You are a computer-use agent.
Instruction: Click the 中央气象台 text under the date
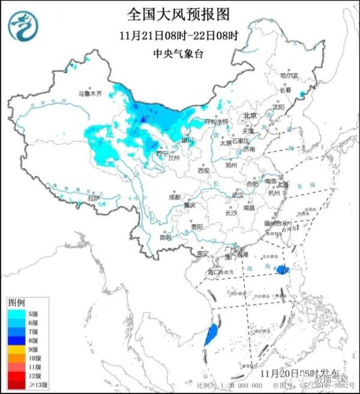point(178,54)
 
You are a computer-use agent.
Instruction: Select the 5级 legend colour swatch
point(16,312)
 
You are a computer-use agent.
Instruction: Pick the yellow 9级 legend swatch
point(16,349)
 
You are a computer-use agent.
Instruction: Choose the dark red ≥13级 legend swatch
point(16,385)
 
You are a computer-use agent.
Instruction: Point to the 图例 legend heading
point(16,302)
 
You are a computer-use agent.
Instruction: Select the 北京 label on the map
point(250,115)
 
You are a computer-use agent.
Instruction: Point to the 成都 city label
point(174,196)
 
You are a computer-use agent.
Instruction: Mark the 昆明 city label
point(165,237)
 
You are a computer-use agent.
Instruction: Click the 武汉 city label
point(238,195)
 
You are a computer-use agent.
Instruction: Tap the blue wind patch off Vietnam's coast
point(210,335)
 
